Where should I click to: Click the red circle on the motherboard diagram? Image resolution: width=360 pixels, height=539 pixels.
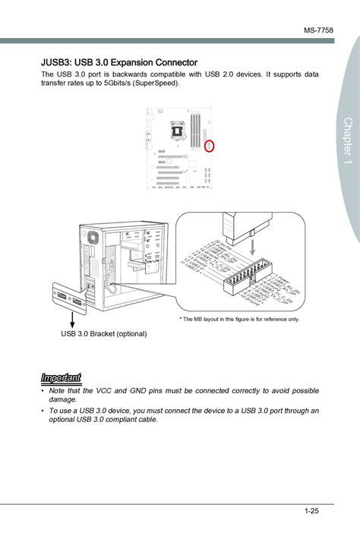click(x=210, y=144)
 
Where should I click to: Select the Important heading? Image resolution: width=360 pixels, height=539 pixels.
click(x=60, y=377)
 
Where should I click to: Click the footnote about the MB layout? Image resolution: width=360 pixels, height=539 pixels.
click(x=239, y=320)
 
